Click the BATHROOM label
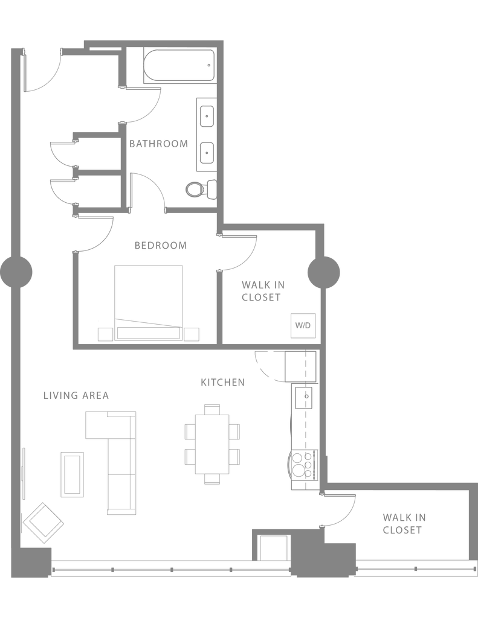pos(159,144)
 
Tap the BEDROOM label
pos(161,246)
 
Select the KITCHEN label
pos(222,382)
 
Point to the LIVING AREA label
pos(76,395)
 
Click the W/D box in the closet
pos(303,325)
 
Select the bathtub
pos(179,66)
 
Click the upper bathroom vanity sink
pos(207,116)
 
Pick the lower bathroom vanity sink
pos(207,153)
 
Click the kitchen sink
pos(303,398)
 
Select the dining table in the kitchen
pos(212,444)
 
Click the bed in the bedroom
pos(149,303)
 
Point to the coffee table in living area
pos(73,474)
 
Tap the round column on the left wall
pos(16,272)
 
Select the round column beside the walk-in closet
pos(324,272)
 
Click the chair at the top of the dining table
pos(212,409)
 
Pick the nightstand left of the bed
pos(105,334)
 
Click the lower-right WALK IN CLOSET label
pos(404,524)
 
